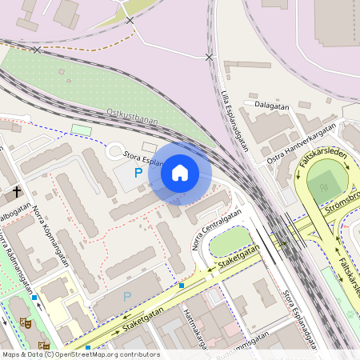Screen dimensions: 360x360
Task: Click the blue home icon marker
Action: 180,173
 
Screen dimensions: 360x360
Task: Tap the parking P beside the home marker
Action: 138,172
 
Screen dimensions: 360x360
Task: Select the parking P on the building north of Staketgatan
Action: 126,297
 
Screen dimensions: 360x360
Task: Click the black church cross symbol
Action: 17,193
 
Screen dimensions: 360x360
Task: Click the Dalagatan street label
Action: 272,103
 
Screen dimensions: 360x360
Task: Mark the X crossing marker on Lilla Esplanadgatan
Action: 209,57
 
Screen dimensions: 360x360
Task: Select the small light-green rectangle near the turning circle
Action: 82,129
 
